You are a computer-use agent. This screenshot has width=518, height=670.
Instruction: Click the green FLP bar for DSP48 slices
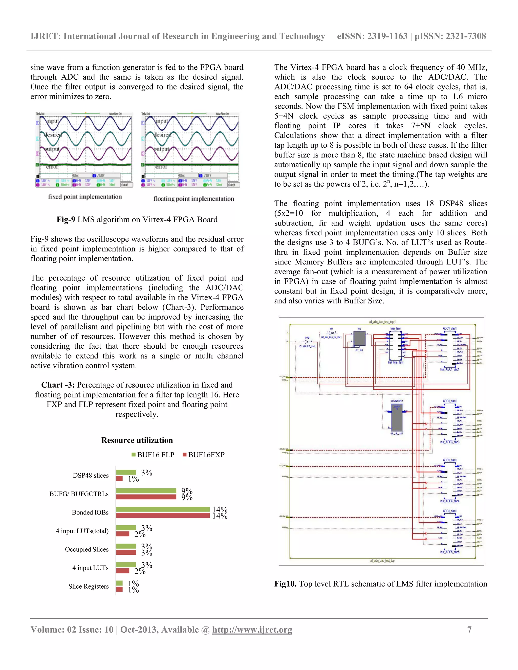126,472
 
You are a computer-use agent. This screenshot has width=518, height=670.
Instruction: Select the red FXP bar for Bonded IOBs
163,515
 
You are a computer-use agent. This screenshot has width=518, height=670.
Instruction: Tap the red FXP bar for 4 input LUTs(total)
123,534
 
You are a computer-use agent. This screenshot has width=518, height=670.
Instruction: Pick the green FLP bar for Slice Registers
119,583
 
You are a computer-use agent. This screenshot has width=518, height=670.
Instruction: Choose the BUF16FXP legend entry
204,455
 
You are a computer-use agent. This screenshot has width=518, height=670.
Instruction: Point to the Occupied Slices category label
87,549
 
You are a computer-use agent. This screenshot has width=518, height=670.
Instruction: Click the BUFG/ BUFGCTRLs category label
79,494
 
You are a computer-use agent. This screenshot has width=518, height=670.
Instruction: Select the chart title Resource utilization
137,440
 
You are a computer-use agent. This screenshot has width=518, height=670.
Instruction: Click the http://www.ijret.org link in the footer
252,630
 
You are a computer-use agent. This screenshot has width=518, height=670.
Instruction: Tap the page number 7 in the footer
469,630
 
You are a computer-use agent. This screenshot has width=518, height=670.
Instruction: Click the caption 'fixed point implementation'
85,197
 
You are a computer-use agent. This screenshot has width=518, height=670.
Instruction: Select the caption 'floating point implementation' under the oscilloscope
194,199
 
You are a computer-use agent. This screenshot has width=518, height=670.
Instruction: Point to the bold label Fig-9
66,219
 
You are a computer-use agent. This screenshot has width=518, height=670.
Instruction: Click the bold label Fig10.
285,584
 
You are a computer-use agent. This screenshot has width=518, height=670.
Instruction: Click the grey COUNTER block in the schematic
397,417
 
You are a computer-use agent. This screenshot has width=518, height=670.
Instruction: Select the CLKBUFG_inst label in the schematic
307,346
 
